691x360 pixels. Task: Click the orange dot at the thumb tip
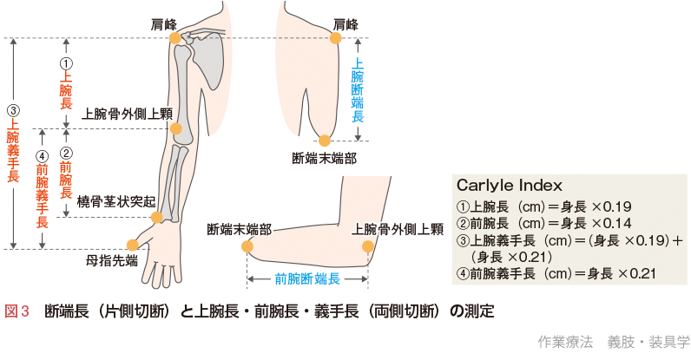click(x=132, y=245)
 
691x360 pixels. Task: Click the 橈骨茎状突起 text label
click(x=115, y=200)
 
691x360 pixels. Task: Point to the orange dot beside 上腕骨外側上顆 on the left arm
click(x=176, y=129)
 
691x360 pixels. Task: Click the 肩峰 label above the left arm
click(x=164, y=24)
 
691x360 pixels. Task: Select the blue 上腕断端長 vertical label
click(x=357, y=89)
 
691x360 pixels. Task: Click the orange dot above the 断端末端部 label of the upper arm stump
click(x=325, y=141)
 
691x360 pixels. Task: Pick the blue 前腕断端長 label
click(x=306, y=279)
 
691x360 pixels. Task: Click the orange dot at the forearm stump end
click(x=247, y=247)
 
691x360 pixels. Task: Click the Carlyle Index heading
click(x=509, y=186)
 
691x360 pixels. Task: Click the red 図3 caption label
click(x=17, y=311)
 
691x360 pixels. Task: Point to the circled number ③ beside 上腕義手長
click(x=13, y=111)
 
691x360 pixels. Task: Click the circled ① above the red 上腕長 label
click(x=66, y=63)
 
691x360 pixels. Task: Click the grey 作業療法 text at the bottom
click(x=565, y=341)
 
